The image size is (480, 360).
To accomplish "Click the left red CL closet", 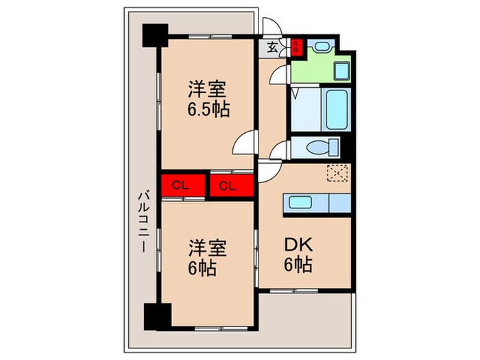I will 182,185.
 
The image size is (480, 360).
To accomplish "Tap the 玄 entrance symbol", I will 272,48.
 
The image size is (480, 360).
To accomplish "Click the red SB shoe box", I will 296,48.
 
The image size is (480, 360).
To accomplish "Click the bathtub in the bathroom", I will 336,110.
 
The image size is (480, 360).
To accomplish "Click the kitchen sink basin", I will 300,202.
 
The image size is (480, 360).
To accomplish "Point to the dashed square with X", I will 337,174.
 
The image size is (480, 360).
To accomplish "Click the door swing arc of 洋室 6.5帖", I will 245,144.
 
